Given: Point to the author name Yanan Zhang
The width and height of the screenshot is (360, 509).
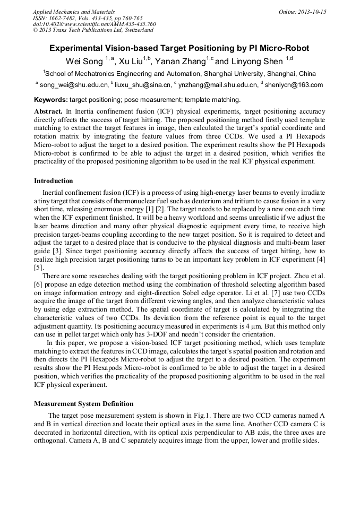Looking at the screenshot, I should click(179, 61).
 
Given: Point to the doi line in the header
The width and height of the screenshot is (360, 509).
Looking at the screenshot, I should click(94, 24).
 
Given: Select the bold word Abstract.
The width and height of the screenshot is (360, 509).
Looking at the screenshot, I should click(48, 112).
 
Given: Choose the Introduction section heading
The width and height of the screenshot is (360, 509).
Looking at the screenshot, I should click(54, 181).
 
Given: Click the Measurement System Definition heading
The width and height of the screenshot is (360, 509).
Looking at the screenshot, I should click(83, 404).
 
